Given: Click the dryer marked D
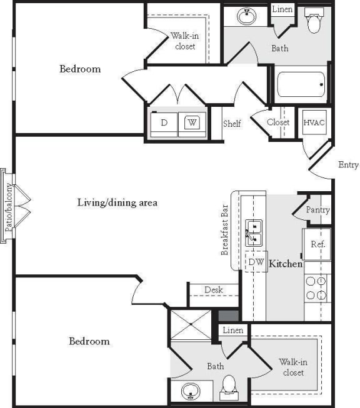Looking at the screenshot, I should point(164,123).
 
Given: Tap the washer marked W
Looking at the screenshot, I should point(192,123).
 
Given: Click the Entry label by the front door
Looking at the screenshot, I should point(348,165).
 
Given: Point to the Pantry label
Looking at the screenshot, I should point(317,210).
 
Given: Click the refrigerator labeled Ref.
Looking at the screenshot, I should point(317,244).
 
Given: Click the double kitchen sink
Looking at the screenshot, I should point(254,231).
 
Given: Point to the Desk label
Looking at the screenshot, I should point(213,290).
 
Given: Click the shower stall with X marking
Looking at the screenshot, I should point(191,325).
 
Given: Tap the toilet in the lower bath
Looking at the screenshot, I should point(228,385).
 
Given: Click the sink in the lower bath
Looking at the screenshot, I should point(191,392).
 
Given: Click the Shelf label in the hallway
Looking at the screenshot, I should point(232,124).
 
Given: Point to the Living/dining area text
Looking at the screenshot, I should point(117,202).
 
